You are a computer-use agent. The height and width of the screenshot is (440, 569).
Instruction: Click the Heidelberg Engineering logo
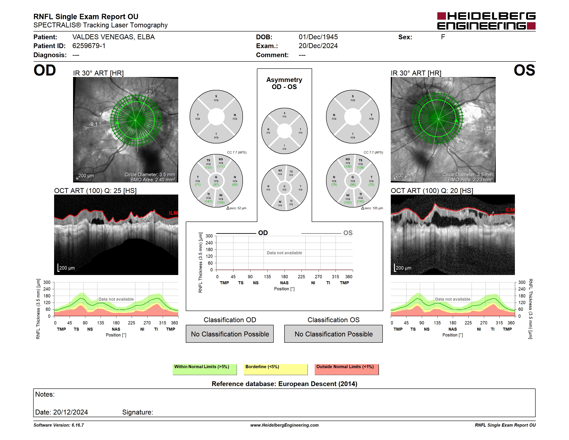pos(486,21)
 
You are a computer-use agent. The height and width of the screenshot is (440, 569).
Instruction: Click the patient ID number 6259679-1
pos(89,46)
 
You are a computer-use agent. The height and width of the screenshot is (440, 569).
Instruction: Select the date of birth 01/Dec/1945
pos(318,37)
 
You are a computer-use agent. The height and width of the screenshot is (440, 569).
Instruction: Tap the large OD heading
pos(45,70)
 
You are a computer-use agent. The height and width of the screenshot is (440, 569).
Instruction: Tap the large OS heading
pos(524,70)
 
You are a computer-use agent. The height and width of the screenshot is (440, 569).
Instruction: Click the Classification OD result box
pos(230,334)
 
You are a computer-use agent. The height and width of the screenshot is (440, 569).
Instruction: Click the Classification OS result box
pos(333,334)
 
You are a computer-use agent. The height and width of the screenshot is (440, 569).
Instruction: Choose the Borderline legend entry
pos(275,369)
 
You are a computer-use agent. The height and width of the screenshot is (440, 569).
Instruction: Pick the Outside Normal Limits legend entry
pos(347,369)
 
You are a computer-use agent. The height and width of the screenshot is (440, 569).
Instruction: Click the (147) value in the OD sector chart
pos(208,201)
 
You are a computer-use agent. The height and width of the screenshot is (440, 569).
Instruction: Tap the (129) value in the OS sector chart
pos(361,168)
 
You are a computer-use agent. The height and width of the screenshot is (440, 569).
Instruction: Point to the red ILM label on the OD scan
pos(173,213)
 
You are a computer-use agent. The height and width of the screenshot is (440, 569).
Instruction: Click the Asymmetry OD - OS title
pos(284,83)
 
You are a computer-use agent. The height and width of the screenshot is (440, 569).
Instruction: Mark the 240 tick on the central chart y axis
pos(209,243)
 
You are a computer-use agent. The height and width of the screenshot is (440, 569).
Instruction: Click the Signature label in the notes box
pos(138,412)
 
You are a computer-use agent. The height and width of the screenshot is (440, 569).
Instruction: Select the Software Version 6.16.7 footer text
pos(59,425)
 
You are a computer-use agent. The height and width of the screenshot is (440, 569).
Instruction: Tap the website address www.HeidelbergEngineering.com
pos(284,425)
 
